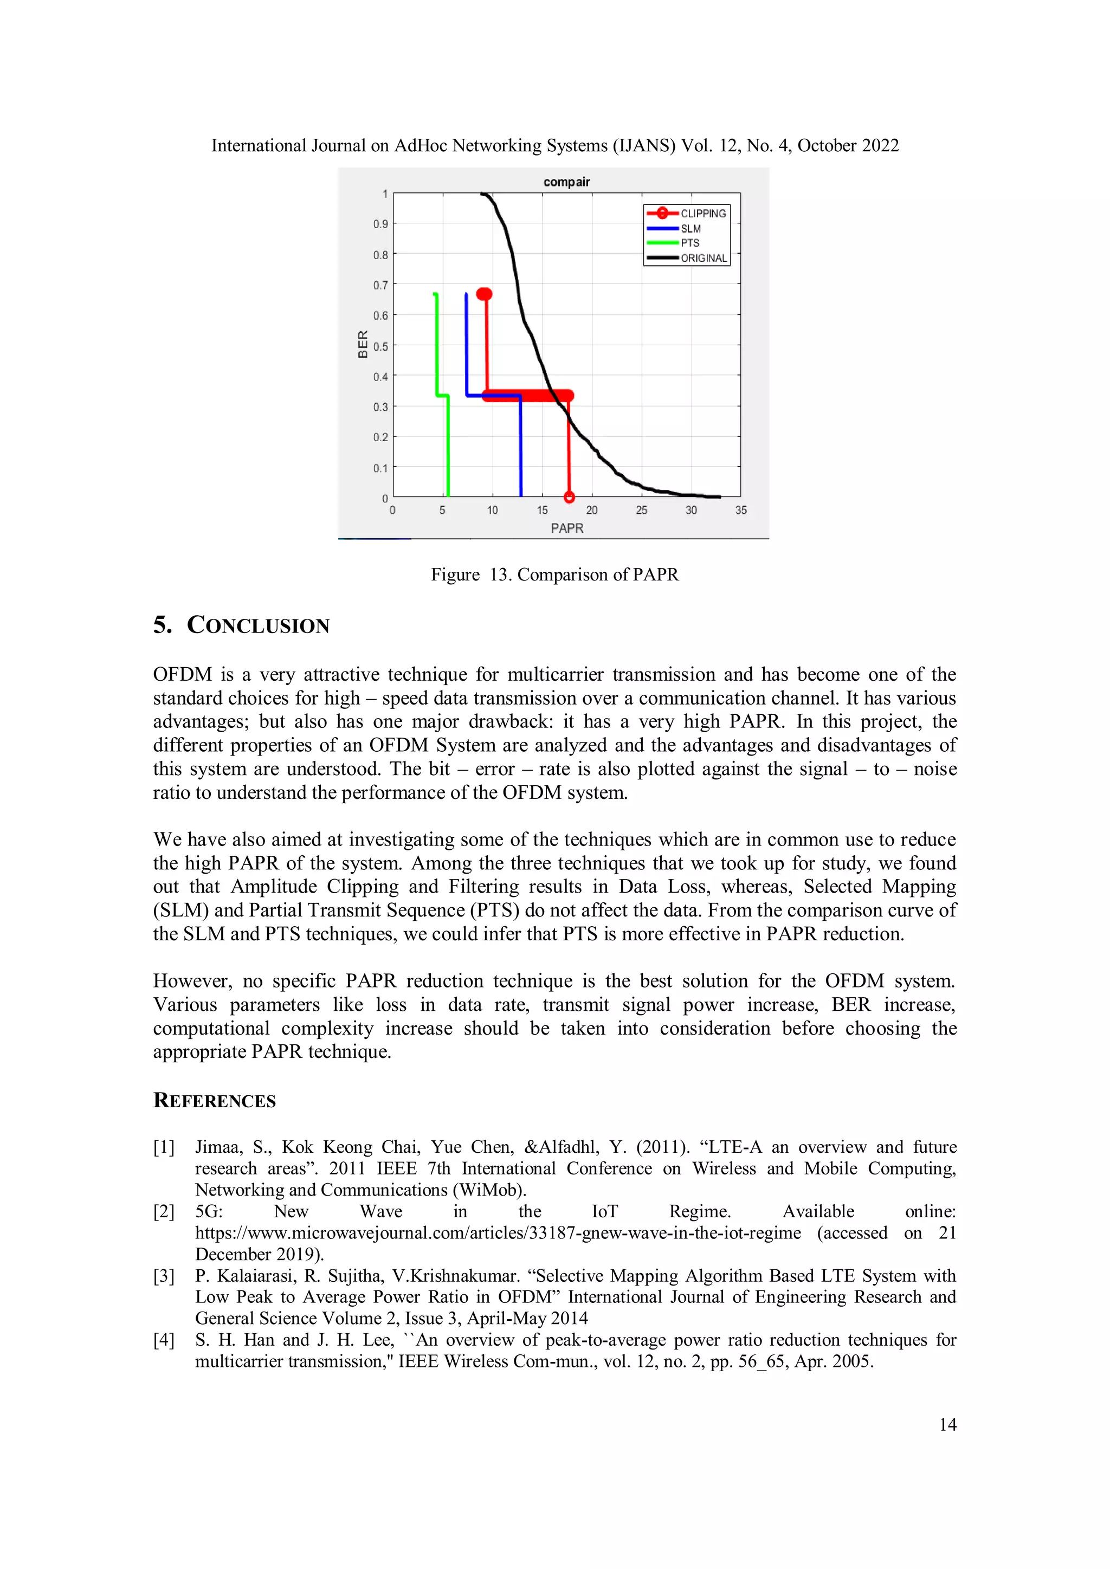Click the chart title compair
(566, 182)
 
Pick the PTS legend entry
(689, 243)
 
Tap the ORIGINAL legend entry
(704, 257)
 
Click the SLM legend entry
(690, 228)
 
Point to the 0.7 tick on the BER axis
(380, 285)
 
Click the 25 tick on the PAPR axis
(641, 510)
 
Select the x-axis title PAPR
(566, 528)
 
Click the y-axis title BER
(363, 344)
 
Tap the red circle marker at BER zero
(569, 497)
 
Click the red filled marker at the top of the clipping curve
(484, 294)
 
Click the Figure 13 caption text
(554, 574)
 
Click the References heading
(215, 1100)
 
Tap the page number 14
(947, 1424)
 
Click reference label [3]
(164, 1276)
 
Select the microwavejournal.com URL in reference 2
(498, 1233)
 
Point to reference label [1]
(164, 1147)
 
